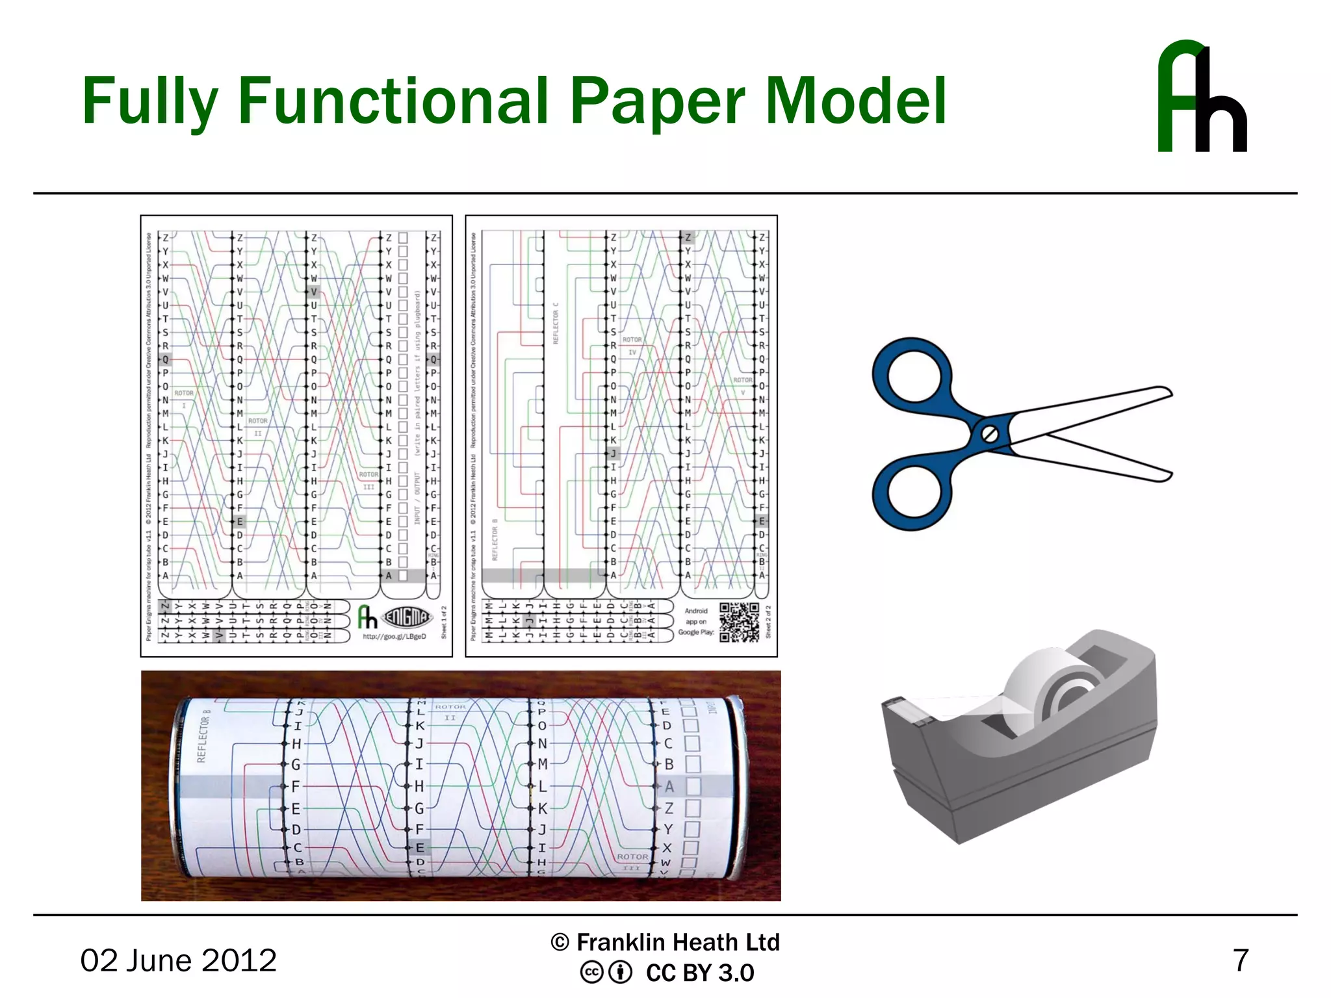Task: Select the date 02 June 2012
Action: click(178, 960)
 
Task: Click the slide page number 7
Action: click(1240, 960)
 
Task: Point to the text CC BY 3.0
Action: click(699, 973)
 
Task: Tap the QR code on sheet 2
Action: click(739, 622)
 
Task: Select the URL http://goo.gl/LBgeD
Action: click(394, 637)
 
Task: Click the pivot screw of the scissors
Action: click(989, 433)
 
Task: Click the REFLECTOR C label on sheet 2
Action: click(556, 323)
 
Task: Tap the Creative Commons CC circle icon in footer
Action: click(591, 973)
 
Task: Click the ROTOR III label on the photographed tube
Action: click(632, 862)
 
